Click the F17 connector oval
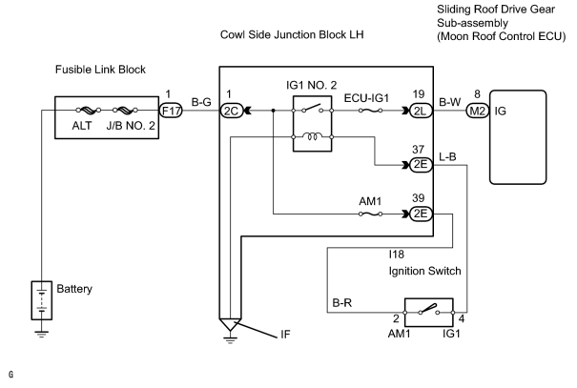click(171, 111)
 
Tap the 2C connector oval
click(231, 111)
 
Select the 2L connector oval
click(421, 111)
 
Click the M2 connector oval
click(478, 111)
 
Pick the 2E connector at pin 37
click(421, 165)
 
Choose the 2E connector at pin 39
click(421, 214)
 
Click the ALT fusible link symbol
click(88, 110)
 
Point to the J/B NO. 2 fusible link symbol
click(125, 110)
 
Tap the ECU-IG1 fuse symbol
click(370, 111)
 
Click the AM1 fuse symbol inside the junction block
click(370, 214)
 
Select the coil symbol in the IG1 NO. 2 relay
click(312, 137)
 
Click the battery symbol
click(42, 300)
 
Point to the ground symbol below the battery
click(42, 334)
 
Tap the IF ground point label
click(285, 335)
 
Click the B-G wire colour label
click(201, 102)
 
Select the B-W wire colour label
click(449, 102)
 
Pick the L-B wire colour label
click(447, 157)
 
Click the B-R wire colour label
click(342, 302)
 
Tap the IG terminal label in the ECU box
click(501, 111)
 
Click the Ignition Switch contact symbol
click(429, 309)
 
